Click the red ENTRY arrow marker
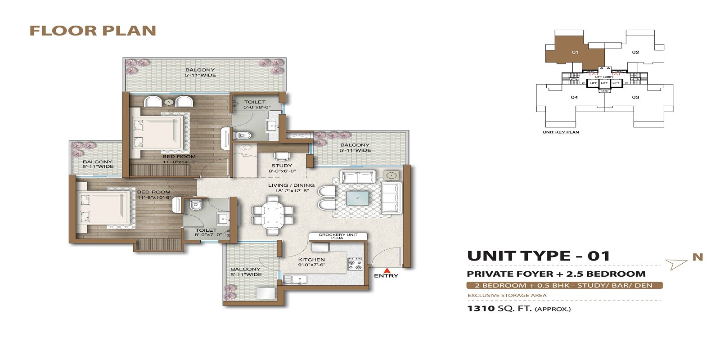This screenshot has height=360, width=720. (386, 270)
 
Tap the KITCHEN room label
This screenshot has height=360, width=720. (311, 260)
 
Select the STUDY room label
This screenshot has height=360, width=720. (282, 166)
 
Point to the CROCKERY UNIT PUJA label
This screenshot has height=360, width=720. (338, 236)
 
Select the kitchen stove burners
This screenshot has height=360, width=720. (355, 264)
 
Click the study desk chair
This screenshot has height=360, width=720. (282, 156)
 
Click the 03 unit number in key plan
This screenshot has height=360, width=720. (635, 97)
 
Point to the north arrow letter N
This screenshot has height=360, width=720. (697, 257)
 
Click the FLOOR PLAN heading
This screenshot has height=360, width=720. (93, 31)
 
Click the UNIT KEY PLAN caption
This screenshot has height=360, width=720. (561, 132)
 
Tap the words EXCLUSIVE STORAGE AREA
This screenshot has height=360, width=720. (507, 296)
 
